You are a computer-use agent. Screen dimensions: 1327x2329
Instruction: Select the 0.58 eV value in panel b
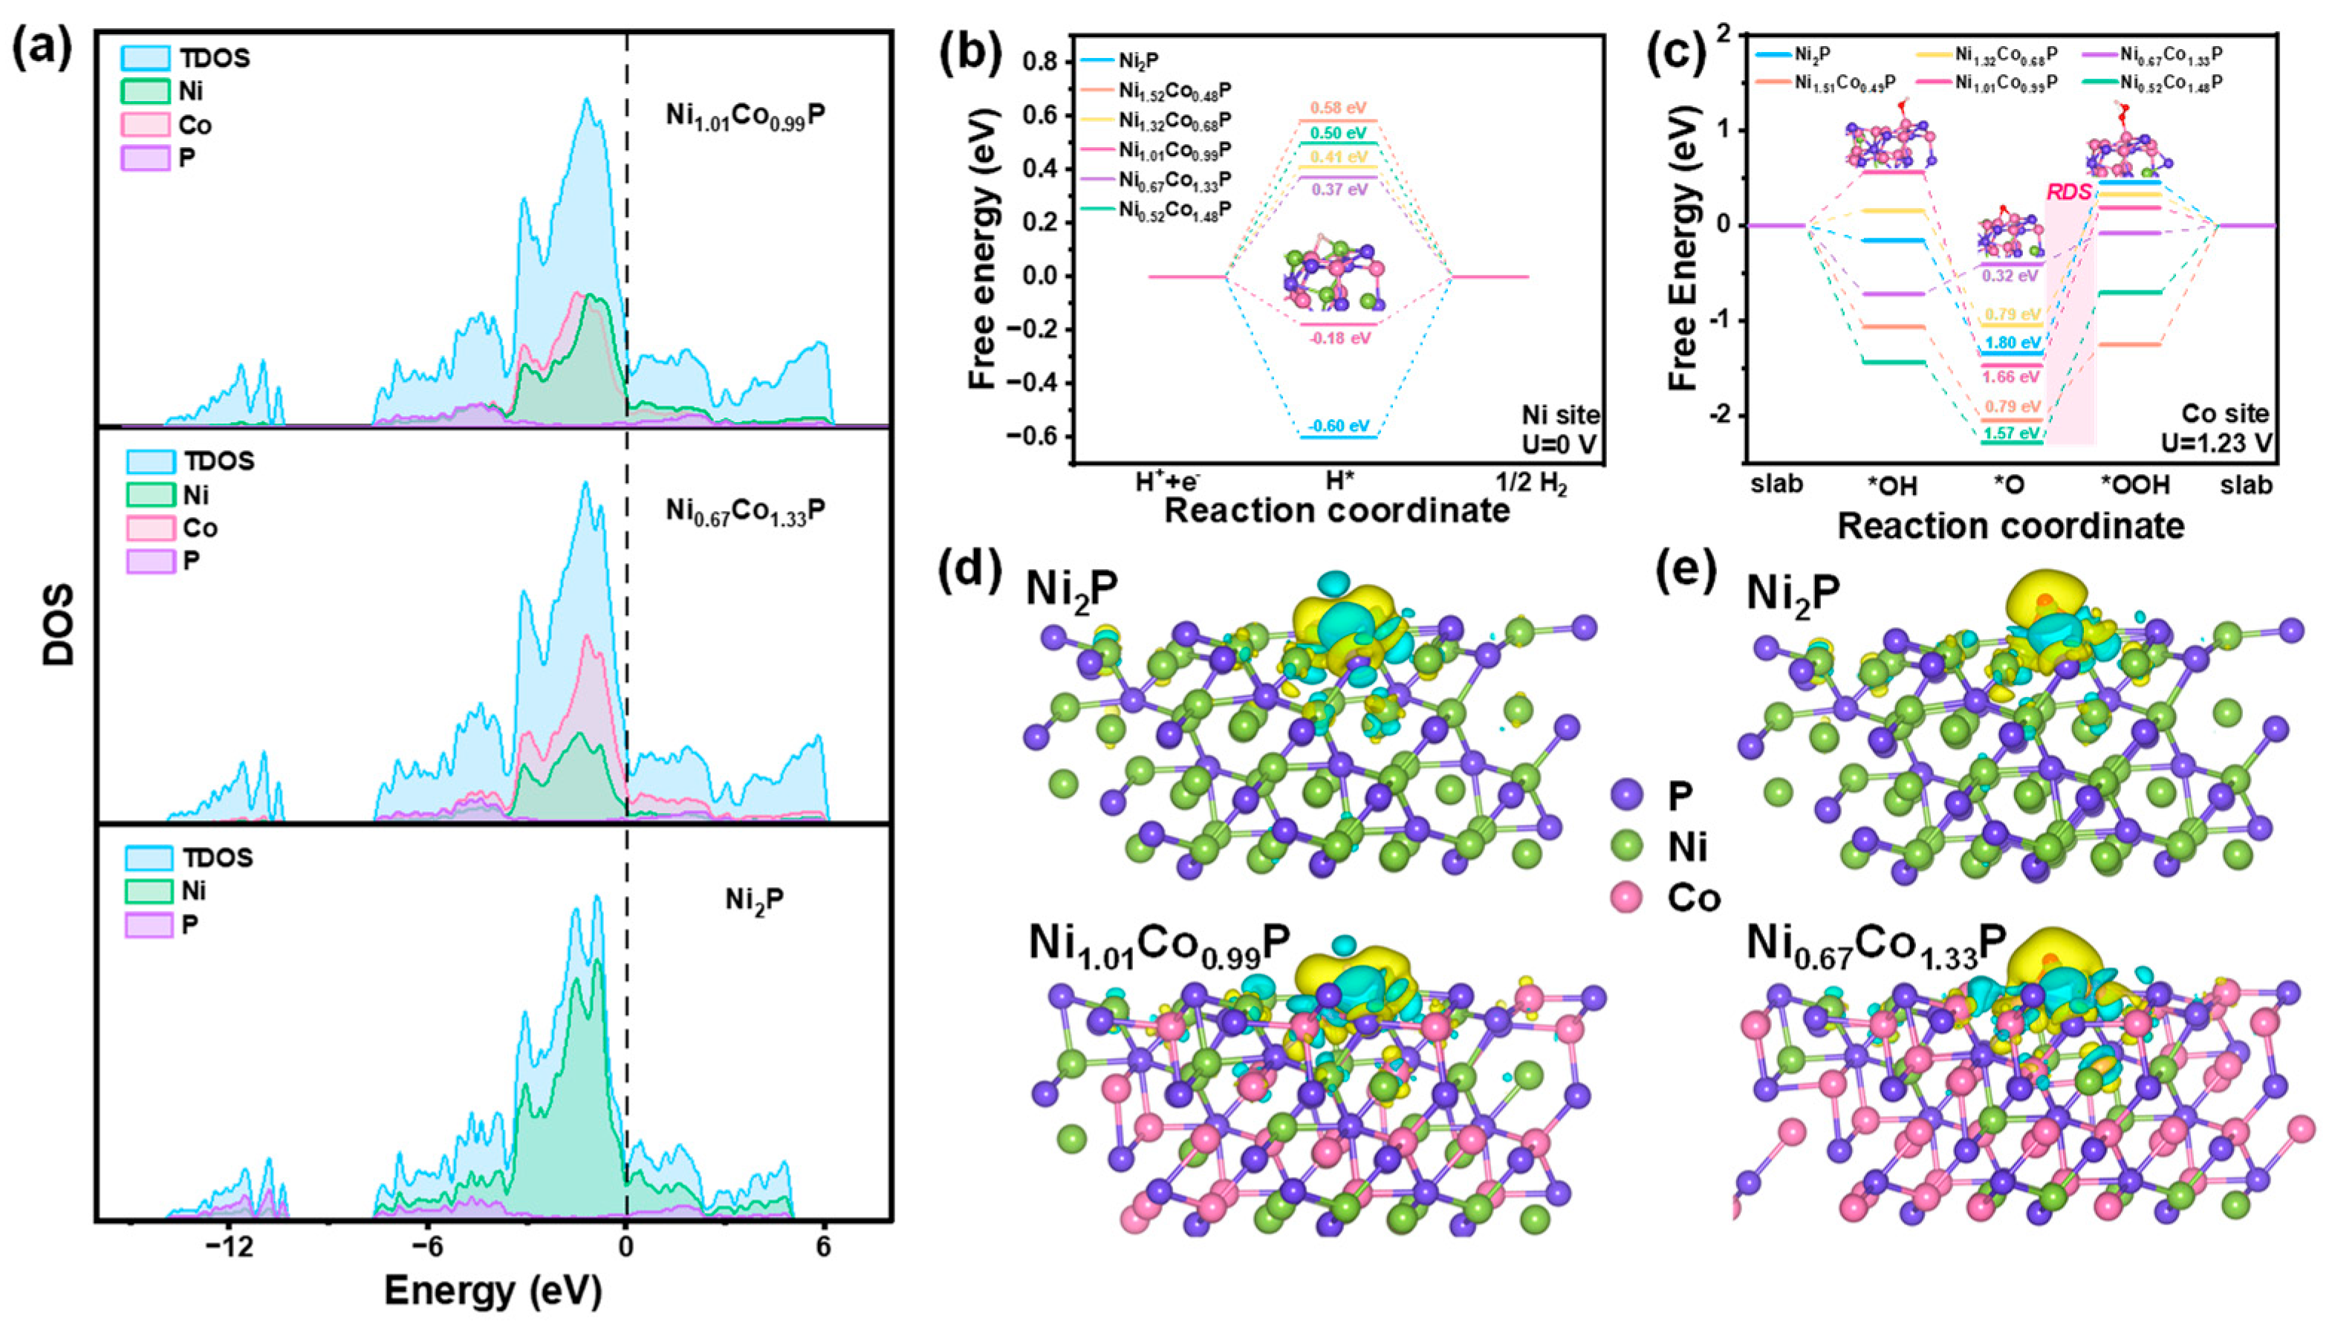(x=1339, y=108)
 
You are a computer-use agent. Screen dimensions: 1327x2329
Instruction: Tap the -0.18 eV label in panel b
(x=1339, y=338)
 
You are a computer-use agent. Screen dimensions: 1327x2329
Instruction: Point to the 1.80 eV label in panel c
(x=2012, y=343)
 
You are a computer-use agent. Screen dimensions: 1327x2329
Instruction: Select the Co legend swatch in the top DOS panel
(x=146, y=125)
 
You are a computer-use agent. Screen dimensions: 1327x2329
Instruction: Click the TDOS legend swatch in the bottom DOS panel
(x=148, y=857)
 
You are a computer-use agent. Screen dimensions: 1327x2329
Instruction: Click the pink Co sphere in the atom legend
(x=1626, y=898)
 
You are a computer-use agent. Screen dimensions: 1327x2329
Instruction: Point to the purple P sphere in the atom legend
(x=1626, y=796)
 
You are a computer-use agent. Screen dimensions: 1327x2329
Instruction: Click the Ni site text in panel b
(x=1561, y=415)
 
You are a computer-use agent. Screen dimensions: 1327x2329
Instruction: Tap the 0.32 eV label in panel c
(x=2012, y=275)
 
